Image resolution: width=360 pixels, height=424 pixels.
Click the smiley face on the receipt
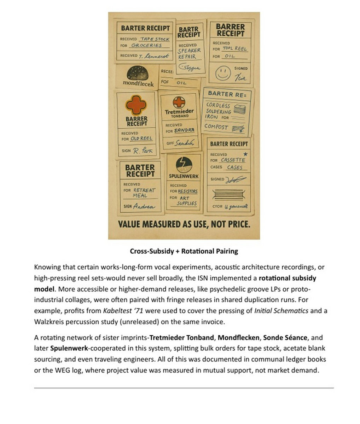(x=223, y=73)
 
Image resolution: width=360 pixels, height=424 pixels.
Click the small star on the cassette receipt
(x=245, y=154)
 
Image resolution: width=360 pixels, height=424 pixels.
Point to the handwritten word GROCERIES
(x=146, y=46)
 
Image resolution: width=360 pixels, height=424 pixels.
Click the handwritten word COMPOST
(x=216, y=126)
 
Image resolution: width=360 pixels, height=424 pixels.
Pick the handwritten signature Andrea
(x=144, y=207)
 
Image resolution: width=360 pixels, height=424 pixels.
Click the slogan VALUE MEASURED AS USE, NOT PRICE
(x=184, y=224)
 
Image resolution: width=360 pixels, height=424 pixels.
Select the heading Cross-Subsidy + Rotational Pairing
(x=184, y=251)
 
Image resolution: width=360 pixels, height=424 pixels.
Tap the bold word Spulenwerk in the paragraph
(x=69, y=348)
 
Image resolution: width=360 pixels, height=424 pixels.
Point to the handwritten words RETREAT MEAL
(x=144, y=193)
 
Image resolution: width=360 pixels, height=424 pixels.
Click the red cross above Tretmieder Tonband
(x=179, y=102)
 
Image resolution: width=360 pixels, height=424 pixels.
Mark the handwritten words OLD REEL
(x=141, y=139)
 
